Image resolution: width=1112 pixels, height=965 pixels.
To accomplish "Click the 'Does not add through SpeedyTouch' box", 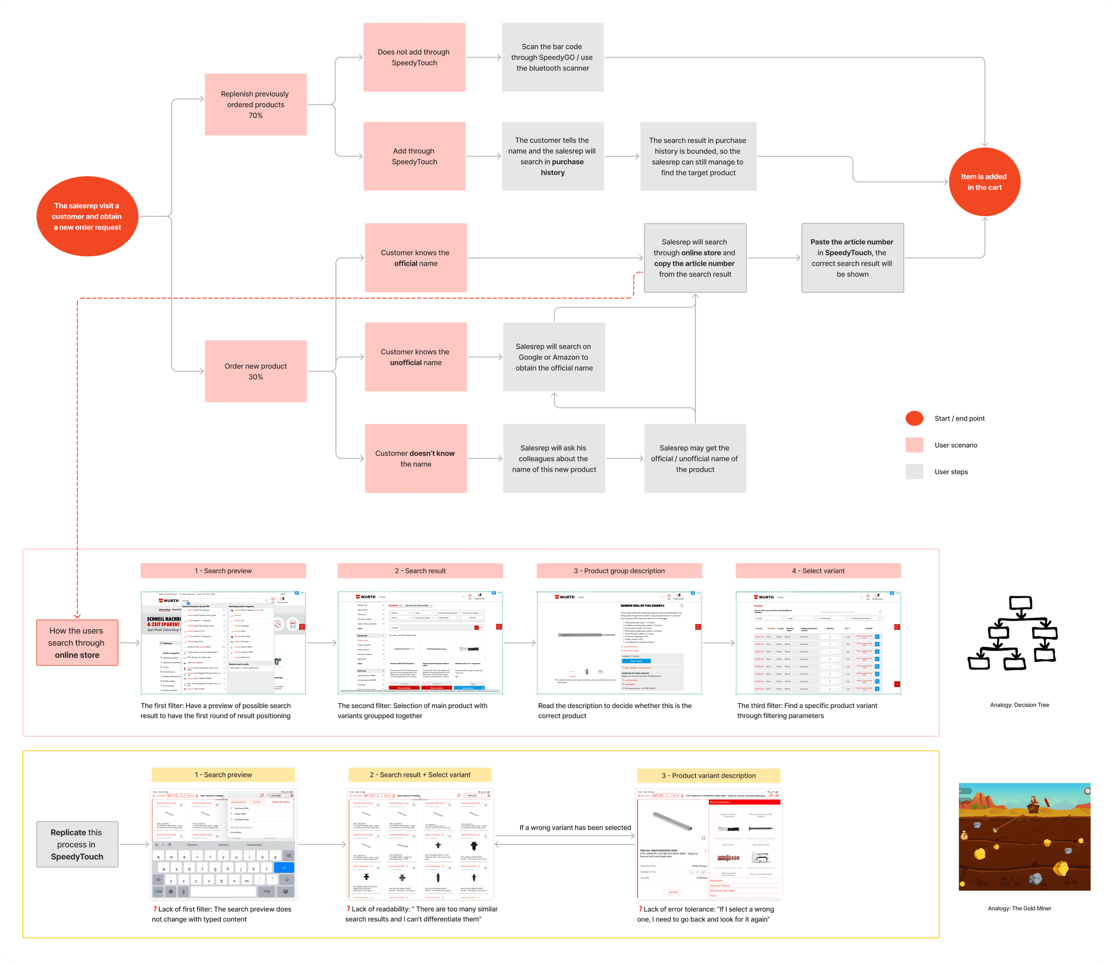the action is (x=414, y=57).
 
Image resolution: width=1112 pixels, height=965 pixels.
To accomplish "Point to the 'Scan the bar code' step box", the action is (x=553, y=57).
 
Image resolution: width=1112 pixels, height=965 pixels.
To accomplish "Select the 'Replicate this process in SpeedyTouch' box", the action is (x=77, y=844).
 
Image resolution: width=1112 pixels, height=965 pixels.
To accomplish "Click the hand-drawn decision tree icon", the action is (x=1012, y=633).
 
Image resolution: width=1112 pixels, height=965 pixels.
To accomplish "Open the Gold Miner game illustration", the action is (x=1024, y=836).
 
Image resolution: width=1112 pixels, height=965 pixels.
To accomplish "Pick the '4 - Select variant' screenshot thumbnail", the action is (x=818, y=643).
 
